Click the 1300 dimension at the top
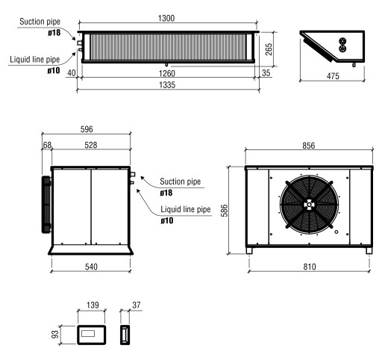[168, 18]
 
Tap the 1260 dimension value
[168, 74]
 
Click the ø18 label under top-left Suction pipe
[54, 32]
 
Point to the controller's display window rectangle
[93, 332]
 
